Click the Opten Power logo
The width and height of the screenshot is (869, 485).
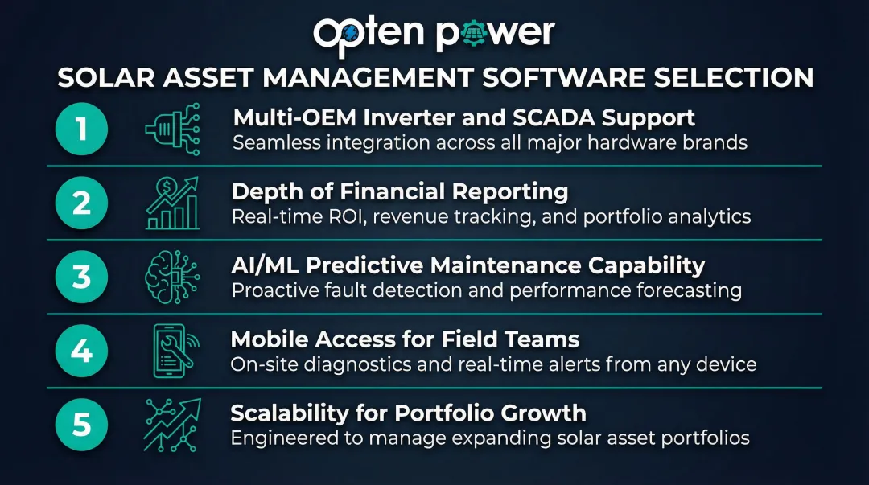click(434, 33)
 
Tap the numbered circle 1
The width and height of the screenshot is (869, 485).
click(81, 129)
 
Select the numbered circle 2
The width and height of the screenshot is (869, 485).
click(81, 203)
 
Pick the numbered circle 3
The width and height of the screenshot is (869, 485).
click(81, 277)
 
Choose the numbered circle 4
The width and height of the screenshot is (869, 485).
click(81, 351)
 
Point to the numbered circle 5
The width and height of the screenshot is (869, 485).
click(81, 425)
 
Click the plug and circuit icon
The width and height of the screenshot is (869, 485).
click(172, 129)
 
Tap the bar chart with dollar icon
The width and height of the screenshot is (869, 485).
click(172, 203)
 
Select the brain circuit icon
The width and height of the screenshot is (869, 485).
click(172, 277)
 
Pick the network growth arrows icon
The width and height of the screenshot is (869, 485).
click(172, 425)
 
